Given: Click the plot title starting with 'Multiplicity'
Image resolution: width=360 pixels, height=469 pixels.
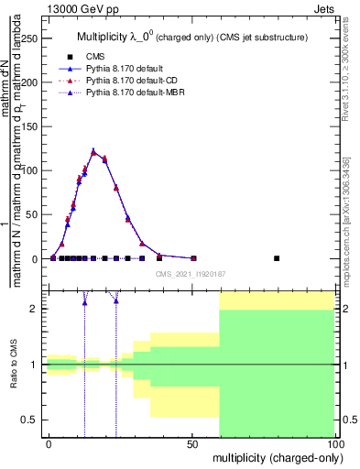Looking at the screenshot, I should (x=191, y=38).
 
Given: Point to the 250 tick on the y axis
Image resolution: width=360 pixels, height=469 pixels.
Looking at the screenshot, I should (x=34, y=38).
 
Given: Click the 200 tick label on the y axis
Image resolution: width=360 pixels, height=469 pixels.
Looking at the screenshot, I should (x=34, y=82).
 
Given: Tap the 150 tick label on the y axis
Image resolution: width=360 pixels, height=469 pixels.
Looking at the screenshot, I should (x=34, y=126).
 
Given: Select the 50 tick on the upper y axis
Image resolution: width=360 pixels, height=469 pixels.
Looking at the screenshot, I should (x=37, y=214).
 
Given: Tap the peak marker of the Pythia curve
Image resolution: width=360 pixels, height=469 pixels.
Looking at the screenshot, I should (x=93, y=152).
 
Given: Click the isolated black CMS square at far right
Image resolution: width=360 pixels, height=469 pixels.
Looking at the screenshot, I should (x=278, y=258).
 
